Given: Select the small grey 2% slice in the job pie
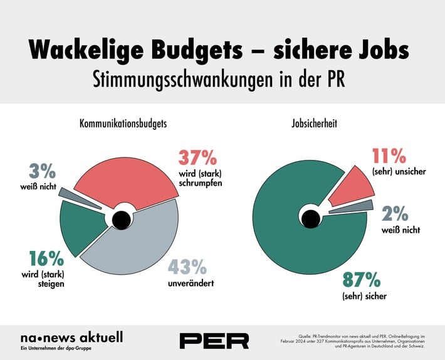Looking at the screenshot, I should (351, 207).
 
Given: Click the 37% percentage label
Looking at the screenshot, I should (198, 157).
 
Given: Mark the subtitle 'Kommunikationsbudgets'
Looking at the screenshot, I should (123, 124).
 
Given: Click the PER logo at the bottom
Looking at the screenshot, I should (214, 340).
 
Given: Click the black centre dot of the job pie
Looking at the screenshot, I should (309, 218).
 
